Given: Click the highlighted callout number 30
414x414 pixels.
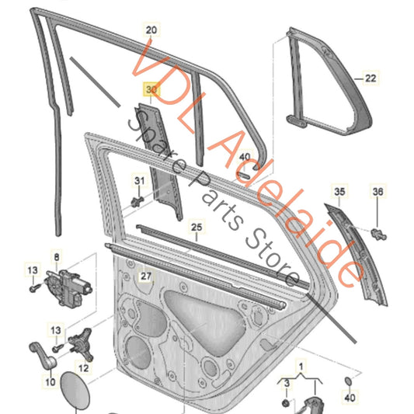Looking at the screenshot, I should tap(151, 91).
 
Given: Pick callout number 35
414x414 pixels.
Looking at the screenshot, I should tap(339, 190).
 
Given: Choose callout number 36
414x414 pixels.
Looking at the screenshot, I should tap(378, 190).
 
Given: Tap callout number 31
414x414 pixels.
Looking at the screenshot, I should tap(140, 182).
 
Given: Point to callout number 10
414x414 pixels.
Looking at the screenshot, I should tap(49, 381).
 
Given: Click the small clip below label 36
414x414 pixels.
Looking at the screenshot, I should tap(378, 232).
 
